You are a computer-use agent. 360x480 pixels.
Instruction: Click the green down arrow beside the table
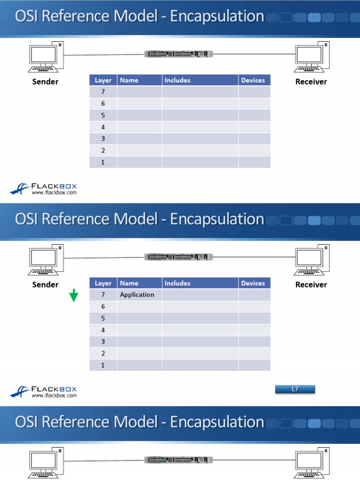coord(74,296)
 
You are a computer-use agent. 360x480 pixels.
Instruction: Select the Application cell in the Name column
coord(137,295)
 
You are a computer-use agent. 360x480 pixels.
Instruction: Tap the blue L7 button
coord(295,389)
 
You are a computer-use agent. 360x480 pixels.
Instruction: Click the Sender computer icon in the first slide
coord(45,58)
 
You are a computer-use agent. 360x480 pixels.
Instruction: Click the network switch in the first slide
coord(179,54)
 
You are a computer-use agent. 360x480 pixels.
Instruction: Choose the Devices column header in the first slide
coord(253,80)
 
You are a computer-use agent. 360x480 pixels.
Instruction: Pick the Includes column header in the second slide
coord(178,283)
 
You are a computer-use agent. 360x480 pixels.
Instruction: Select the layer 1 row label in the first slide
coord(103,162)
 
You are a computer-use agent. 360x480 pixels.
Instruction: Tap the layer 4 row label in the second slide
coord(103,330)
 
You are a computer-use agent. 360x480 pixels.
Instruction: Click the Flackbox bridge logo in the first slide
coord(20,188)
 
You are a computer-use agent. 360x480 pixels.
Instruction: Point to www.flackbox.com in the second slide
coord(54,396)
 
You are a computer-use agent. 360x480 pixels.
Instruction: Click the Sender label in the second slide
coord(45,285)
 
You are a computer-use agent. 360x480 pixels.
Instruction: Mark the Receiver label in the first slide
coord(311,82)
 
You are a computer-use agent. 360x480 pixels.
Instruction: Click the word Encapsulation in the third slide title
coord(217,422)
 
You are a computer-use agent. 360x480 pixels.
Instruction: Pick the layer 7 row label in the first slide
coord(103,92)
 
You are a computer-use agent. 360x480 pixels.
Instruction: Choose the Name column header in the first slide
coord(129,80)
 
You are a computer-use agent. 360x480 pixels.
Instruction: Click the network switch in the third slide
coord(179,460)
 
